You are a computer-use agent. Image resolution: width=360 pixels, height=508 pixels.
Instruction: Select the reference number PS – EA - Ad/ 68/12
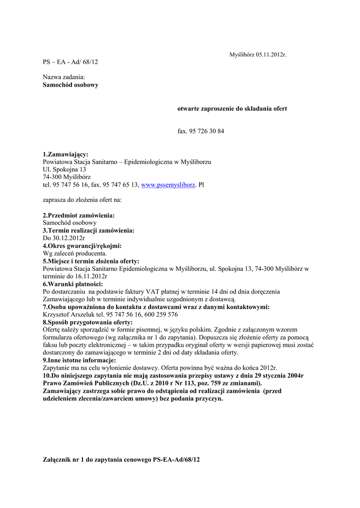[71, 62]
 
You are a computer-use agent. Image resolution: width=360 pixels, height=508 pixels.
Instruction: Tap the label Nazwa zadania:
[64, 77]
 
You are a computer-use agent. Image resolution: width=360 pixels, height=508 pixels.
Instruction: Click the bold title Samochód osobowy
[71, 85]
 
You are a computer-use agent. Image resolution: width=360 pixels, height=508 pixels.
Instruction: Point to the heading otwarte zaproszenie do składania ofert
[232, 108]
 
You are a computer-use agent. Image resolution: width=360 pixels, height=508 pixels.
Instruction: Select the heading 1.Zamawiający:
[66, 155]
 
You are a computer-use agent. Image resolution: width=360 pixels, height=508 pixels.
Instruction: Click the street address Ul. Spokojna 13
[65, 170]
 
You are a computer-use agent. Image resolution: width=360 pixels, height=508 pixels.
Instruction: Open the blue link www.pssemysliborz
[168, 185]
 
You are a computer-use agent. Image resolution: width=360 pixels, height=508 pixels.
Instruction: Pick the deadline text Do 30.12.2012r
[64, 238]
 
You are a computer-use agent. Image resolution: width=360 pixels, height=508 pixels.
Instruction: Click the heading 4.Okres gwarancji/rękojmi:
[82, 246]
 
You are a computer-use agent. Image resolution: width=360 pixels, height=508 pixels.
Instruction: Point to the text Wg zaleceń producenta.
[75, 253]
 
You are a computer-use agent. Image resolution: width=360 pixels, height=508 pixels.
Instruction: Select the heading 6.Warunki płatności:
[73, 284]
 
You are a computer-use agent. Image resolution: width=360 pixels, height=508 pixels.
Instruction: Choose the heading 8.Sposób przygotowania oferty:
[87, 322]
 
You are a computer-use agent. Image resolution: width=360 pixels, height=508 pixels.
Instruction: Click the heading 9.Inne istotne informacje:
[79, 360]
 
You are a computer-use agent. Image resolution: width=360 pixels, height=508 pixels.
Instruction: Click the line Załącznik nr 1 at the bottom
[121, 460]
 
